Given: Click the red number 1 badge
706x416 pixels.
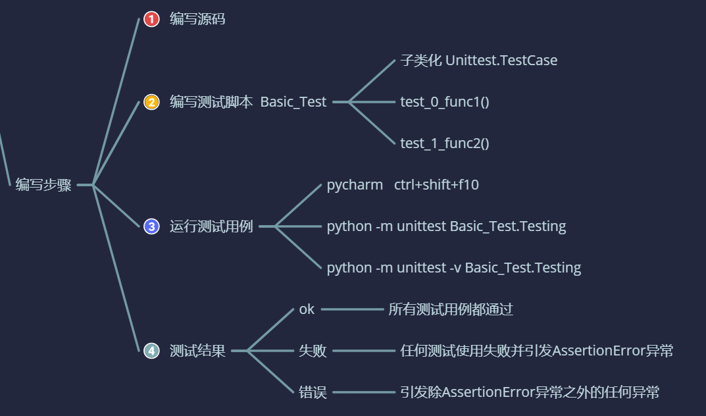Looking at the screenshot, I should (x=151, y=20).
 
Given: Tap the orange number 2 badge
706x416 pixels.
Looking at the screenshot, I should (x=151, y=102).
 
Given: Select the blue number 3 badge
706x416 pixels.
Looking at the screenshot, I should (x=151, y=226).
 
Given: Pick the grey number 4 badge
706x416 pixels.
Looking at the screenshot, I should (x=151, y=351).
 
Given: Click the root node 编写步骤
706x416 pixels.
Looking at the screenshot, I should (x=43, y=185).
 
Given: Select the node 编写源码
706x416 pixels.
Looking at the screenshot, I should (x=197, y=19).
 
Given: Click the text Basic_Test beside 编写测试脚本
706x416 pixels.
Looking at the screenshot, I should (x=293, y=102).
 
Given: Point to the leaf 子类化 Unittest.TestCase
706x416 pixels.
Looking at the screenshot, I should (x=478, y=61).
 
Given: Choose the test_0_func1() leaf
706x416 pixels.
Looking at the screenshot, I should (x=445, y=102).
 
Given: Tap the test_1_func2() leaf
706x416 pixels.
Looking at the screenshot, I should (x=445, y=143).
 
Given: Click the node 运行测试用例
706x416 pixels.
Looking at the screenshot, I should (x=211, y=226).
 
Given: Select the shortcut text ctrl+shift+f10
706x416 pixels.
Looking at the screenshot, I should (x=436, y=185).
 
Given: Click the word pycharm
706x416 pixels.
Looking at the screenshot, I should (x=355, y=185).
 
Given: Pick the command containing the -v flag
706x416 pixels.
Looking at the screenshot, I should (x=454, y=268).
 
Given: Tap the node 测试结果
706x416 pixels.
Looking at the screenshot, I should (x=197, y=351).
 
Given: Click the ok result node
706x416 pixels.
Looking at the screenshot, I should (x=307, y=309).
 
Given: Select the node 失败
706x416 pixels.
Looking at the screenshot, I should (x=313, y=351).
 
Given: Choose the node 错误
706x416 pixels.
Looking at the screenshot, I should (x=313, y=392).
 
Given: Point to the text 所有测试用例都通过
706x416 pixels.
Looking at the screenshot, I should (x=451, y=309).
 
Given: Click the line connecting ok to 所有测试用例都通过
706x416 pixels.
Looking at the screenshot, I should (x=352, y=309).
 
